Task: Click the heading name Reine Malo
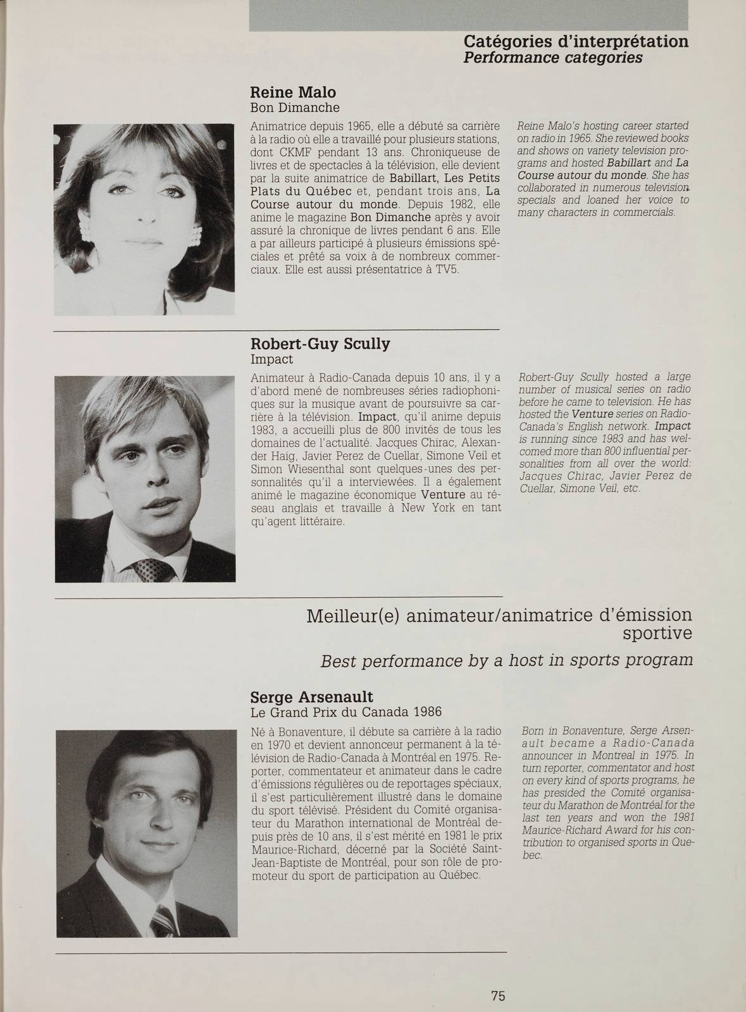(293, 92)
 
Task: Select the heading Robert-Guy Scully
(320, 344)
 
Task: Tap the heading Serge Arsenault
(312, 697)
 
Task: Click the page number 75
(498, 978)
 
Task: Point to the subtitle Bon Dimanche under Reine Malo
(295, 108)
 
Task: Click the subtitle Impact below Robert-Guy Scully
(272, 359)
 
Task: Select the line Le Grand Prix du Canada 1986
(346, 712)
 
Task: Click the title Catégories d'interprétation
(576, 42)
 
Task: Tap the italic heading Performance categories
(553, 58)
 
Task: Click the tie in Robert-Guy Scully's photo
(151, 570)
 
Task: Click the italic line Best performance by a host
(506, 660)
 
